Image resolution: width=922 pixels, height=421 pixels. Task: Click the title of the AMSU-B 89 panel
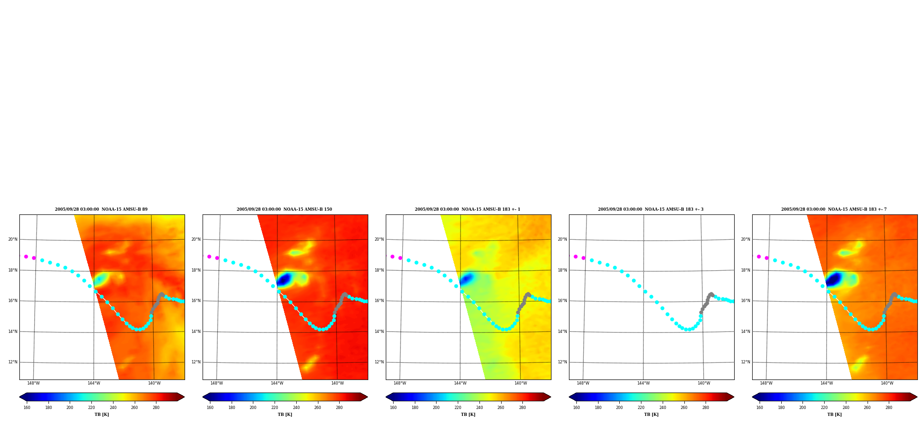click(x=101, y=209)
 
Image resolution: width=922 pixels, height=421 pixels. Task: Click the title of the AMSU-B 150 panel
click(x=284, y=209)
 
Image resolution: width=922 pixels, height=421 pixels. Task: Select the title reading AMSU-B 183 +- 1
click(x=467, y=209)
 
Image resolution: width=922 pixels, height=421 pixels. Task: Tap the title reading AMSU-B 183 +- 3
click(x=651, y=209)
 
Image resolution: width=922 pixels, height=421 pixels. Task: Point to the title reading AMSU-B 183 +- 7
click(x=834, y=209)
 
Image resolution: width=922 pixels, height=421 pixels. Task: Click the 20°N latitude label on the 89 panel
click(x=12, y=239)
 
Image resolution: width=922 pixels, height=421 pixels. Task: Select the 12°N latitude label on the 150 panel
click(x=196, y=362)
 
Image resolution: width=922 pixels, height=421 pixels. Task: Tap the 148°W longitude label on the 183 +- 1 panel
click(x=400, y=383)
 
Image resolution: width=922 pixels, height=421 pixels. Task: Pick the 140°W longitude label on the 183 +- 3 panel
click(x=704, y=383)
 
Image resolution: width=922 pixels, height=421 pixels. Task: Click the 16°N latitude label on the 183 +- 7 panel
click(x=745, y=301)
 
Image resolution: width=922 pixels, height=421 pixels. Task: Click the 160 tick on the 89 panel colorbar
click(x=27, y=408)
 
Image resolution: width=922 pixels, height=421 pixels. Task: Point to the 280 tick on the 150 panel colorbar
click(x=339, y=408)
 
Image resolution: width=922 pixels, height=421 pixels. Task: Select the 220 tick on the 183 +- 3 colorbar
click(x=641, y=408)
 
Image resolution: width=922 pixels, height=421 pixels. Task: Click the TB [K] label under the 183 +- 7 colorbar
click(x=834, y=415)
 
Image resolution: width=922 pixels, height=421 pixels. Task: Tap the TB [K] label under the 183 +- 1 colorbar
click(x=468, y=415)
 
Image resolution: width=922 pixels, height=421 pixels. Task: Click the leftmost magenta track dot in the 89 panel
click(x=26, y=256)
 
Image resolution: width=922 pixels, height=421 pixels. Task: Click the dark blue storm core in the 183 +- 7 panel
click(x=833, y=279)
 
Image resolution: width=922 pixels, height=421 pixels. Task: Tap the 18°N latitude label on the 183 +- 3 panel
click(x=562, y=270)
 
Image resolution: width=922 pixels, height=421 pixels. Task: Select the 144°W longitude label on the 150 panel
click(x=277, y=383)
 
